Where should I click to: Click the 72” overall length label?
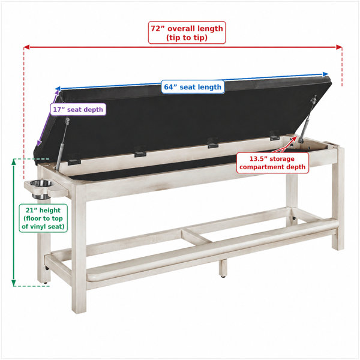pos(187,32)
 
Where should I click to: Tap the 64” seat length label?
pos(193,87)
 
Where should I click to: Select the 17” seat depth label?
pos(78,110)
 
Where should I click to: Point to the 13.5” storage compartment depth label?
pos(272,163)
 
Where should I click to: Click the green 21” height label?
pos(43,218)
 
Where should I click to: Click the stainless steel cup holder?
pos(41,189)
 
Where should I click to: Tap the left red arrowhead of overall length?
pos(26,47)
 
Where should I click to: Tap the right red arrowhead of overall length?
pos(339,47)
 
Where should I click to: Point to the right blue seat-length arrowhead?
pos(325,74)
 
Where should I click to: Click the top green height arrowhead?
pos(14,162)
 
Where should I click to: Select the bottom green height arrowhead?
pos(14,283)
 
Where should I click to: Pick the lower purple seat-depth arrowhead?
pos(39,143)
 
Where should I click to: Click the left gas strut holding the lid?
pos(62,143)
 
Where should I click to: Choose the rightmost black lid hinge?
pos(274,136)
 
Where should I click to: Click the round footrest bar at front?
pos(212,250)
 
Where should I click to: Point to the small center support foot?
pos(223,268)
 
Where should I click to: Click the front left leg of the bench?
pos(79,248)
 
